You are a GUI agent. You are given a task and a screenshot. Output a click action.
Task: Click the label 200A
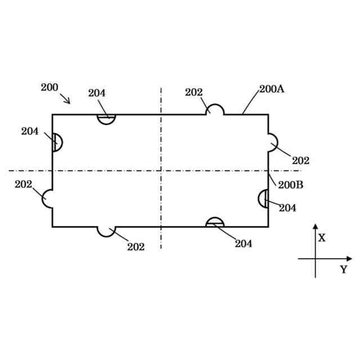272,89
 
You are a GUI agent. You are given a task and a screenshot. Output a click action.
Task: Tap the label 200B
291,184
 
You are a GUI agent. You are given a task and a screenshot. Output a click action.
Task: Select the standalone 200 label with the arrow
49,87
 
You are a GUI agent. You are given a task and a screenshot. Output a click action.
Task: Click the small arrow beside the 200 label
66,99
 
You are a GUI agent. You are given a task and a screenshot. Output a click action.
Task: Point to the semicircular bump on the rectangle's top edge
214,110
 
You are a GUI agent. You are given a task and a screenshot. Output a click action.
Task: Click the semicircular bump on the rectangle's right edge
272,142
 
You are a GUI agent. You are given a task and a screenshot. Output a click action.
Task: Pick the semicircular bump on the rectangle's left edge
48,199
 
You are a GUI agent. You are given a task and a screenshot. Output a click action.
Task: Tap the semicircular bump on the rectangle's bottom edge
106,231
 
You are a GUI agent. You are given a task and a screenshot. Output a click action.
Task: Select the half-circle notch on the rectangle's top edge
106,118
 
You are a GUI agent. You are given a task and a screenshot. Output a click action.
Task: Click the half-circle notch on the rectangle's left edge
57,142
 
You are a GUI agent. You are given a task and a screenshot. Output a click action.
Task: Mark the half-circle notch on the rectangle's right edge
263,199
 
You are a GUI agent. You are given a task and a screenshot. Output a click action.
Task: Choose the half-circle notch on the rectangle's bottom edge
215,222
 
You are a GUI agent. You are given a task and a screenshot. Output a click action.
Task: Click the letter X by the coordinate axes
322,237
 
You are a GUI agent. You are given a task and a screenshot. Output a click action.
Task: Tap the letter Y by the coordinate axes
343,269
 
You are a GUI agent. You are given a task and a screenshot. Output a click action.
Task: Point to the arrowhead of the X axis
315,226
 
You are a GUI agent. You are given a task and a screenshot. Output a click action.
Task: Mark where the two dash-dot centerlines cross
161,170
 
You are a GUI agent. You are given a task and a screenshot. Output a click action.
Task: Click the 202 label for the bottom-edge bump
136,246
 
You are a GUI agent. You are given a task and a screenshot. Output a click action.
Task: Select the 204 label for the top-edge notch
97,93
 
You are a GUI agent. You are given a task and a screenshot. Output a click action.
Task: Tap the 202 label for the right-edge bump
300,160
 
